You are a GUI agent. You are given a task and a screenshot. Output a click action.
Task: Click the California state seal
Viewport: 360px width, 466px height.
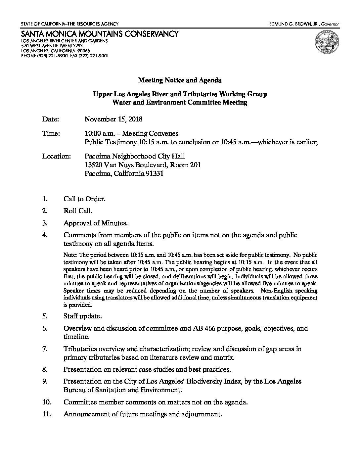327,43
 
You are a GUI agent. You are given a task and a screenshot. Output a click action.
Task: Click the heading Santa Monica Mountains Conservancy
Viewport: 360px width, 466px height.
100,34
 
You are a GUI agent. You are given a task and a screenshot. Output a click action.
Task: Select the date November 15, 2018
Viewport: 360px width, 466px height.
113,119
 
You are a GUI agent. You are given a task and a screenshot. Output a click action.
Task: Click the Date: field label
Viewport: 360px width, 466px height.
50,119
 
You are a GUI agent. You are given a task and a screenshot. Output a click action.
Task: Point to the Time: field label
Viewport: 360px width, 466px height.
51,133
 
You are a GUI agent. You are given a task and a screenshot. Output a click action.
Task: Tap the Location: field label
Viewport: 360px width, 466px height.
56,156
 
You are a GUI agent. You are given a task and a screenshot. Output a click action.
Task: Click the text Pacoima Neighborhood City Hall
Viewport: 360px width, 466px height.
135,156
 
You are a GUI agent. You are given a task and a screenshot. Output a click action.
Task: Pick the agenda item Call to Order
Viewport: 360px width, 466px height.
84,199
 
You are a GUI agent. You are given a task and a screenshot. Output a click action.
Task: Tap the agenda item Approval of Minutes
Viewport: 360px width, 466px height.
95,223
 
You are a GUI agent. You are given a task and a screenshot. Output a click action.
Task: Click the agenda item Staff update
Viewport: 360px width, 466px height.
82,316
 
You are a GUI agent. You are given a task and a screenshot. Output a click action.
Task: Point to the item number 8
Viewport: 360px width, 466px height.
45,369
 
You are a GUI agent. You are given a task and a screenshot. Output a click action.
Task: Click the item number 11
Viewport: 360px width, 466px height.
47,414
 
